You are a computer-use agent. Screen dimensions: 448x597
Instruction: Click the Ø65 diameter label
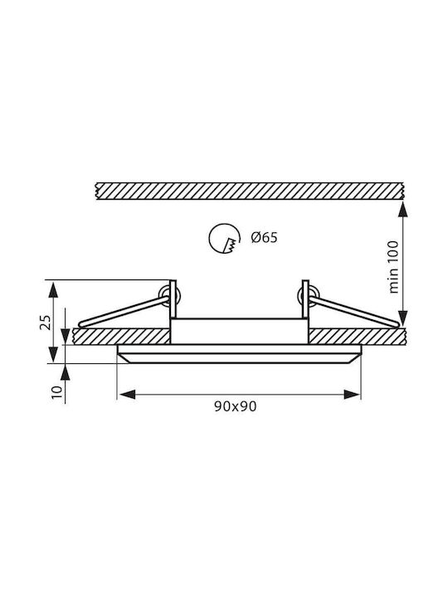point(264,238)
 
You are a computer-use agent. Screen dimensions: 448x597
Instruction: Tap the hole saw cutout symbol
point(225,238)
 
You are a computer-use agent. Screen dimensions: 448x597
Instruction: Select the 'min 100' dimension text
point(393,267)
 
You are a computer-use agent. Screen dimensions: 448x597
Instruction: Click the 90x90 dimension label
point(235,406)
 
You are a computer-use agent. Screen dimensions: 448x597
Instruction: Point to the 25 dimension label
point(46,322)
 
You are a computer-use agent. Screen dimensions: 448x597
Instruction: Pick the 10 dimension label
point(56,391)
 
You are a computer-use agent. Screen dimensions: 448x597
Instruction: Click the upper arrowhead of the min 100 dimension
point(402,210)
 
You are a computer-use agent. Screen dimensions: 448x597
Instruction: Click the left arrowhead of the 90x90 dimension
point(126,395)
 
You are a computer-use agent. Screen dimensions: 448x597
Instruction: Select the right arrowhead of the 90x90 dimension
point(352,395)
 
